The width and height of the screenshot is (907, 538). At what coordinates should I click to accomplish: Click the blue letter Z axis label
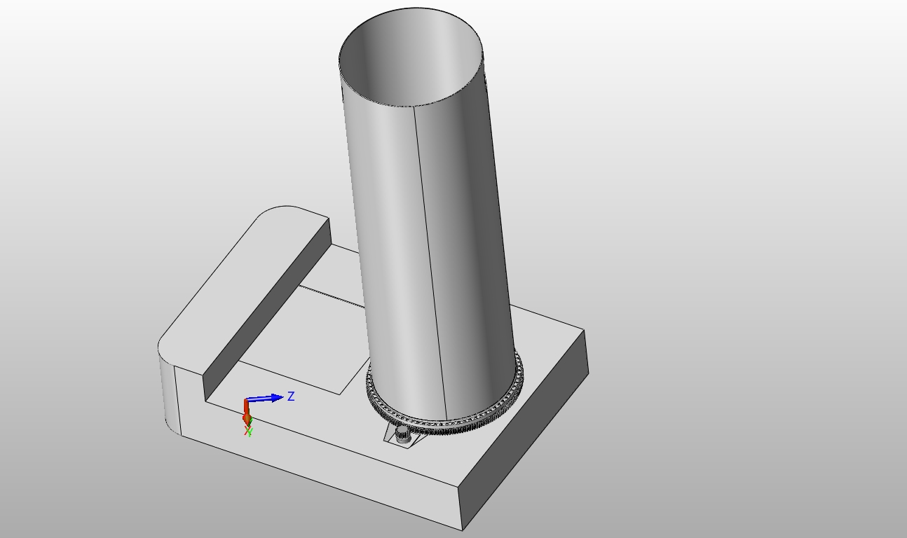click(x=291, y=396)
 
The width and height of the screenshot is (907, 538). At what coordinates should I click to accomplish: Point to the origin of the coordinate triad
click(x=246, y=401)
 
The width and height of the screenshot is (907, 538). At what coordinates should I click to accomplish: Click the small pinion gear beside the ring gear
click(x=402, y=435)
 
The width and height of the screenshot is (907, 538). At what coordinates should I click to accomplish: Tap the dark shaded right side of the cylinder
click(x=484, y=245)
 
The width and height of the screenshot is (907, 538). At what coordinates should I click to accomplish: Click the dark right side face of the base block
click(x=526, y=434)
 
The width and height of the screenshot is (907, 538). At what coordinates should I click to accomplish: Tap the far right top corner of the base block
click(x=584, y=330)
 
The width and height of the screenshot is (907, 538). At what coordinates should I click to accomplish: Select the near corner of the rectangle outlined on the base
click(x=341, y=394)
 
